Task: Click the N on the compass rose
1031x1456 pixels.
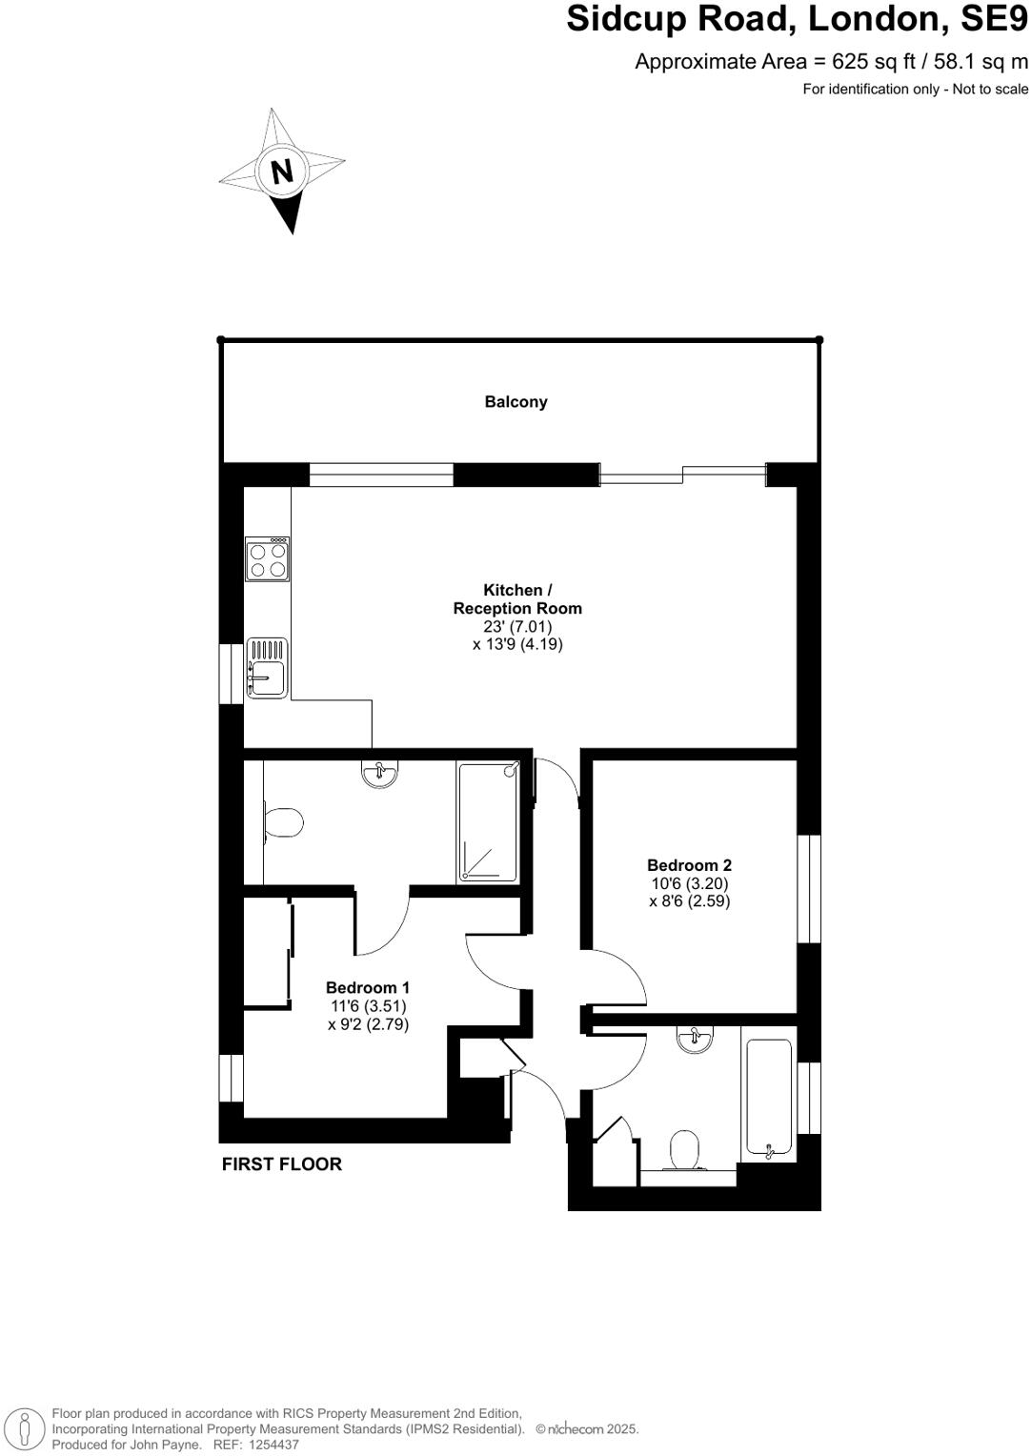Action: coord(281,172)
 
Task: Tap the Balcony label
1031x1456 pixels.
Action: coord(515,402)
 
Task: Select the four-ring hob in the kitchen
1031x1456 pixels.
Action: coord(267,559)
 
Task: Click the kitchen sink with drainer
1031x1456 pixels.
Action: coord(267,667)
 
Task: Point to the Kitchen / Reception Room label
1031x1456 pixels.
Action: coord(516,599)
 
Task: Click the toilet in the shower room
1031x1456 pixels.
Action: coord(283,821)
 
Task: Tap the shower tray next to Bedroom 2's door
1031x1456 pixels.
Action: coord(488,822)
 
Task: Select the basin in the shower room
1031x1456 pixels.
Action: coord(381,774)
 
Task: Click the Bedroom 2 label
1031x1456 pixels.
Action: coord(689,865)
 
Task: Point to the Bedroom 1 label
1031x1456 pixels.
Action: coord(368,988)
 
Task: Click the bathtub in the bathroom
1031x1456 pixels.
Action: coord(769,1099)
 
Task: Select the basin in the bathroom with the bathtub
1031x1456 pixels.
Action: coord(696,1038)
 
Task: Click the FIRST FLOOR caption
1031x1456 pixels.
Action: coord(281,1163)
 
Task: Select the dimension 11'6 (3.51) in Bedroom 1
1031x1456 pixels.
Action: coord(368,1006)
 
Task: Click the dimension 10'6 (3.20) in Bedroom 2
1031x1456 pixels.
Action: coord(689,883)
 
